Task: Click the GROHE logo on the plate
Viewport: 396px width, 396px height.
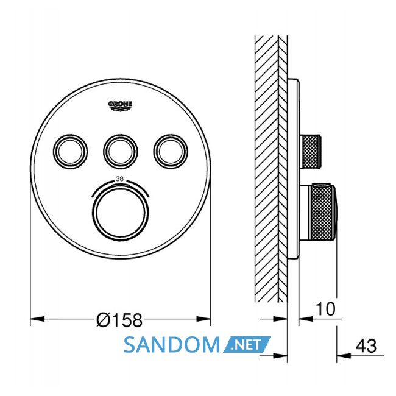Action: (120, 106)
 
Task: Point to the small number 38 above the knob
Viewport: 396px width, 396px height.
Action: (119, 179)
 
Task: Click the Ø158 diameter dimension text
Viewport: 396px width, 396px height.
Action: (119, 320)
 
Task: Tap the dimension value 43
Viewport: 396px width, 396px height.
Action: (366, 346)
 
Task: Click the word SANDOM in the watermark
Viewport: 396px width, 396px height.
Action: (171, 345)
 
